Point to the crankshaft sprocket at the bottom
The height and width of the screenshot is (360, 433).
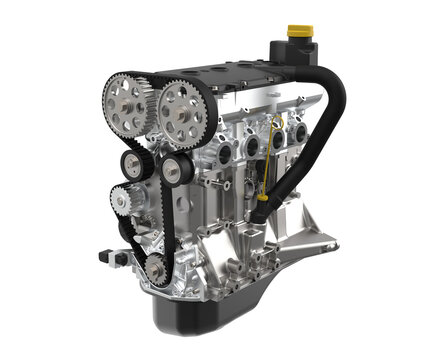point(154,267)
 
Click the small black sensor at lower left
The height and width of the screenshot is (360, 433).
point(108,256)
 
